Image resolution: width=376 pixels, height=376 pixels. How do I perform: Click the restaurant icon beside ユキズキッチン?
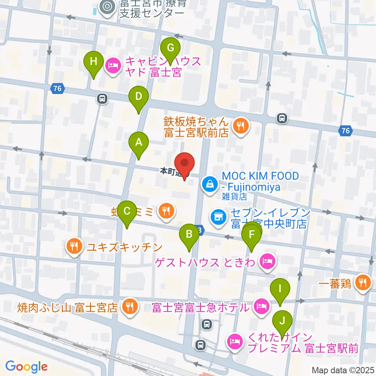click(74, 247)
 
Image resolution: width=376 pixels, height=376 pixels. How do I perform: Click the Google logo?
click(26, 367)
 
